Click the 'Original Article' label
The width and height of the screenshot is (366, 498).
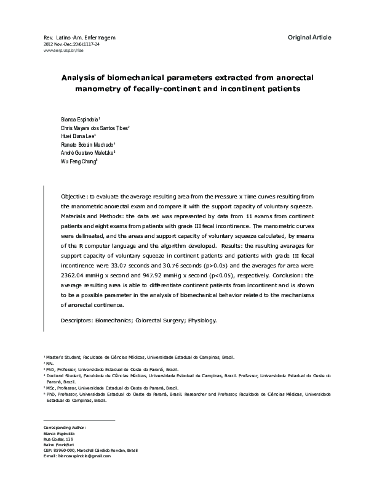pyautogui.click(x=309, y=38)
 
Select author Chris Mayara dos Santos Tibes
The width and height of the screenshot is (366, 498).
pyautogui.click(x=85, y=127)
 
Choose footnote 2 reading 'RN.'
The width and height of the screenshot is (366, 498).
pyautogui.click(x=49, y=364)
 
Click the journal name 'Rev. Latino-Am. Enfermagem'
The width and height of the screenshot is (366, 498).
pyautogui.click(x=79, y=38)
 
